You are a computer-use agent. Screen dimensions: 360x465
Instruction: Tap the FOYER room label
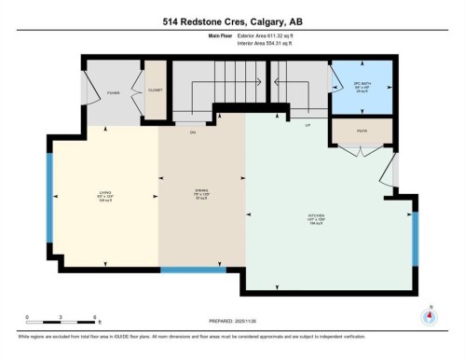tap(114, 93)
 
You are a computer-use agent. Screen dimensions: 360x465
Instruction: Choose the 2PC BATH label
tap(361, 83)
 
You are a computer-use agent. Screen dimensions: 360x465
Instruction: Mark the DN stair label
tap(192, 133)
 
